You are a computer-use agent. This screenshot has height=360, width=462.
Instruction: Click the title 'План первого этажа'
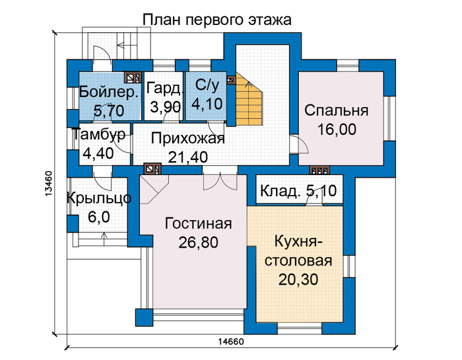217,20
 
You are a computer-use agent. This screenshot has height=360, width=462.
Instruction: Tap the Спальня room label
336,111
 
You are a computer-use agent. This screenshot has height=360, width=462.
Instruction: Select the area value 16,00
337,129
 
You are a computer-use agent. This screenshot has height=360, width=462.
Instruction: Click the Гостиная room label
198,223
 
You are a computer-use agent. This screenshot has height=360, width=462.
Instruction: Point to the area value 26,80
198,242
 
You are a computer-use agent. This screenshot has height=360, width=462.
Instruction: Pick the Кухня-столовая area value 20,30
298,279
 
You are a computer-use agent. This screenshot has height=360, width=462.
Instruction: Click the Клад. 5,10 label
298,191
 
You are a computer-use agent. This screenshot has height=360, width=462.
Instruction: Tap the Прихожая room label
187,139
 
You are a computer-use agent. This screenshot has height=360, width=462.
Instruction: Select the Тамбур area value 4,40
98,153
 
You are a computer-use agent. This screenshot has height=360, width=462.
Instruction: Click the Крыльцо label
99,198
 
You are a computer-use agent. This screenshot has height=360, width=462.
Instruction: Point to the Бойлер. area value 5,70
109,111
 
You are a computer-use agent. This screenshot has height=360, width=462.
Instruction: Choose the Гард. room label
164,88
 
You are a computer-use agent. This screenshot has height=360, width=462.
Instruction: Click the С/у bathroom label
207,85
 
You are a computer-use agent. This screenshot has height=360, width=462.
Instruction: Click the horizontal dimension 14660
231,342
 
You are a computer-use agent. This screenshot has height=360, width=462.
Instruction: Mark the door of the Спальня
300,145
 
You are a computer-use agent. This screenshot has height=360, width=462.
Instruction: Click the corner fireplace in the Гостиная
154,190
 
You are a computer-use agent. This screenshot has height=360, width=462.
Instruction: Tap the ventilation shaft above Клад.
319,170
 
